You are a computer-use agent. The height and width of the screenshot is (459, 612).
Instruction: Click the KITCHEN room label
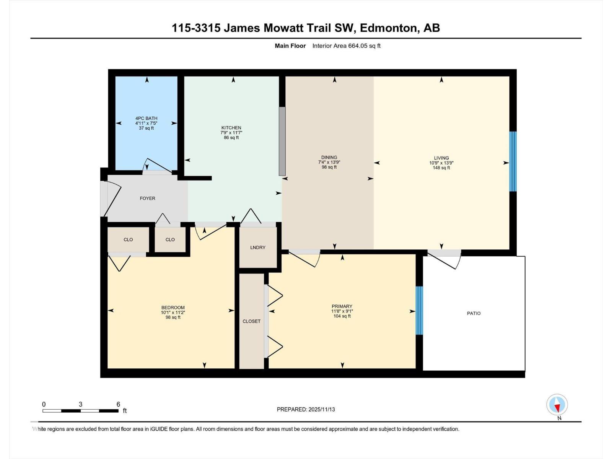[x=231, y=128]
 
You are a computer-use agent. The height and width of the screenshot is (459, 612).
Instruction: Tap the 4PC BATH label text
[x=146, y=118]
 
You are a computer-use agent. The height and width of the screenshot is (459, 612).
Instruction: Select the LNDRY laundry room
[x=258, y=247]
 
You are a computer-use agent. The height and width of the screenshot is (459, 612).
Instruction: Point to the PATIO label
[x=474, y=313]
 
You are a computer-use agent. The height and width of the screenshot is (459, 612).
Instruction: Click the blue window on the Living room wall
[x=513, y=161]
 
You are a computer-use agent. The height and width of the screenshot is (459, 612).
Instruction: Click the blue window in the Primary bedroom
[x=419, y=310]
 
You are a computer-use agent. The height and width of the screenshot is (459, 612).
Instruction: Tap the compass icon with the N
[x=557, y=405]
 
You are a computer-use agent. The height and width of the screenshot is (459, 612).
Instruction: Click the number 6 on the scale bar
[x=118, y=404]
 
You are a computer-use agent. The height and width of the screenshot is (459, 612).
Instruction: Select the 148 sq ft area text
[x=441, y=168]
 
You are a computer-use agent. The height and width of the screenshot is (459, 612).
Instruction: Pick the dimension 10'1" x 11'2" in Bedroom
[x=173, y=313]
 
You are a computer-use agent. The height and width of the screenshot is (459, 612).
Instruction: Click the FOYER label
[x=147, y=198]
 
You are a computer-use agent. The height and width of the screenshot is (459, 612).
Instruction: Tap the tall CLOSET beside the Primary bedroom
[x=251, y=321]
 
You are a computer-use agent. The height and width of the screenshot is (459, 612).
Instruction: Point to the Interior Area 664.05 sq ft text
[x=346, y=46]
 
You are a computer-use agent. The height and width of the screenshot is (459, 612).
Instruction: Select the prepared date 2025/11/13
[x=321, y=409]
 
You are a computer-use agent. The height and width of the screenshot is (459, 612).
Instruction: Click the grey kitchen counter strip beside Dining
[x=282, y=141]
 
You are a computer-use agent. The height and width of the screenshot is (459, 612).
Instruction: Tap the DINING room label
[x=329, y=157]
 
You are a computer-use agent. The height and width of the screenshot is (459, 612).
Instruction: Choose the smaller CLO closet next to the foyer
[x=170, y=239]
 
